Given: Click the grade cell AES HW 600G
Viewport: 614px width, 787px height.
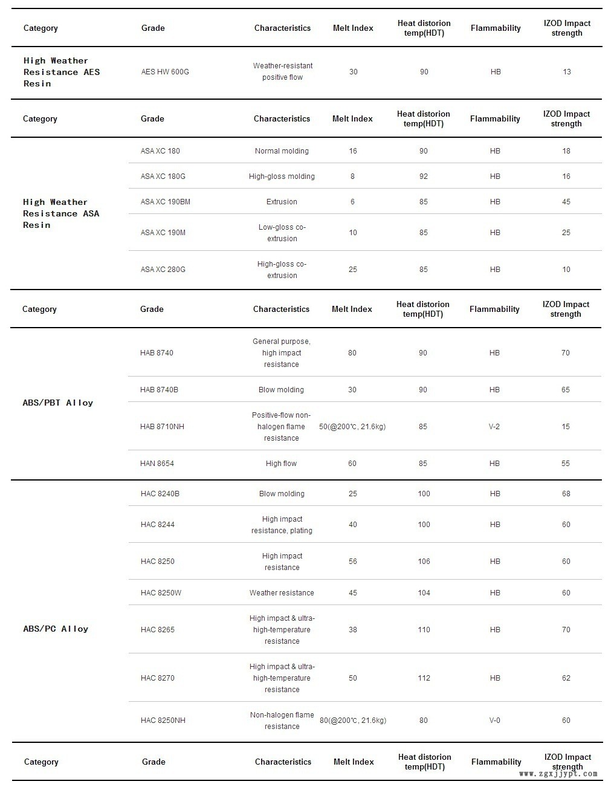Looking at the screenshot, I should click(165, 72).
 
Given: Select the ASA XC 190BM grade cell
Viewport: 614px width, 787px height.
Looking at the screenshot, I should click(165, 202).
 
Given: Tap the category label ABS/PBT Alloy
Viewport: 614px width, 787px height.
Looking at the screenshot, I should click(58, 403).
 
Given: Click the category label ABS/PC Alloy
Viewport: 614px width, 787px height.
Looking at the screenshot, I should click(56, 629).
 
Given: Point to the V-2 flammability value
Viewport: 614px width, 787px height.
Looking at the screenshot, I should click(494, 427).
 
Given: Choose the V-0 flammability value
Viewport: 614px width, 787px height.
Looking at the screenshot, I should click(495, 721).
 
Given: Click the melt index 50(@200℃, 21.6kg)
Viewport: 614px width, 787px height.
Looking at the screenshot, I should click(352, 427).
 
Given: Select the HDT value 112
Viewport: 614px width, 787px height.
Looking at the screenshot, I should click(424, 678).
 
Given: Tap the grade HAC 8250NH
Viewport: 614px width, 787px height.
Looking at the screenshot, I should click(163, 721).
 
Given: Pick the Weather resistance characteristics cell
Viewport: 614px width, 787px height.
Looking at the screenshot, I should click(282, 593).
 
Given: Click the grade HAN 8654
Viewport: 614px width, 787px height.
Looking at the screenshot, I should click(157, 464).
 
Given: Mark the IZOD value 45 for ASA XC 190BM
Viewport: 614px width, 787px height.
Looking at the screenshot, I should click(566, 202).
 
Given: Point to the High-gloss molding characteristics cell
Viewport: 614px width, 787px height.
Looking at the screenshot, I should click(282, 177).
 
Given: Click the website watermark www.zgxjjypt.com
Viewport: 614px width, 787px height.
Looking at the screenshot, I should click(558, 774).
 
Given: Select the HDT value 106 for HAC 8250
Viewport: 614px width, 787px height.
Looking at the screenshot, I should click(424, 562).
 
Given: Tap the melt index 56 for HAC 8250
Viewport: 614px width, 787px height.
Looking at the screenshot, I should click(353, 562).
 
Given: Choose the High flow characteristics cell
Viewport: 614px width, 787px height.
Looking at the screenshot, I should click(282, 464).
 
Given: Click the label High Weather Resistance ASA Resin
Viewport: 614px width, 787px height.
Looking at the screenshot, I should click(61, 213).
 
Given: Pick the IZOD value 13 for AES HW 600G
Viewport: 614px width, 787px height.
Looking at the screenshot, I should click(567, 72).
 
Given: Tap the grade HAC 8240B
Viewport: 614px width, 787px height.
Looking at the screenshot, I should click(160, 494).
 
